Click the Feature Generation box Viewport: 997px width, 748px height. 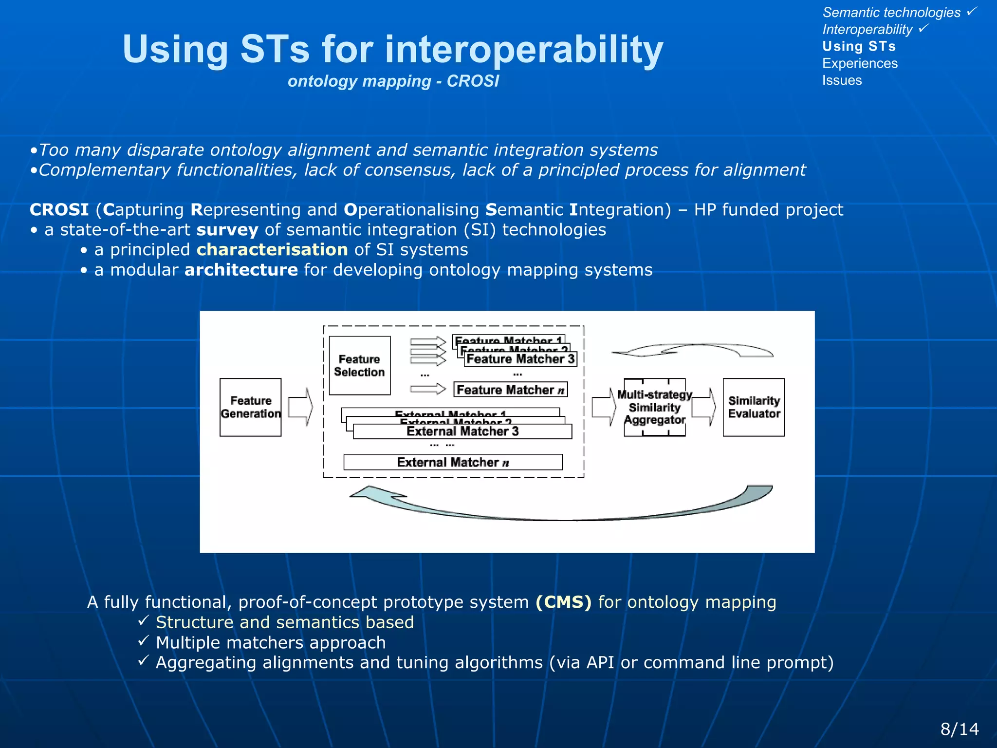(250, 407)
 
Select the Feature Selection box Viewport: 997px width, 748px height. (359, 365)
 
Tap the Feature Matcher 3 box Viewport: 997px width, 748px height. (520, 359)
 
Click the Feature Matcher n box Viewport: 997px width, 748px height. (510, 390)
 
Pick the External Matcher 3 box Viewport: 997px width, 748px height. (462, 431)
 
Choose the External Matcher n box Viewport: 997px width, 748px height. (453, 462)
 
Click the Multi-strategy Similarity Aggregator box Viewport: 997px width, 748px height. (654, 407)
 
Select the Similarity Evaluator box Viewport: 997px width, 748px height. (754, 407)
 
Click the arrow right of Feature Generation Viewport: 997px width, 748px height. (300, 407)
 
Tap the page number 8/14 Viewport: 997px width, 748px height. (959, 729)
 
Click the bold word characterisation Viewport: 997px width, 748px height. (272, 250)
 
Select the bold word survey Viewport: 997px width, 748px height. (227, 230)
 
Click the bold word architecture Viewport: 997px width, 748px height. (241, 270)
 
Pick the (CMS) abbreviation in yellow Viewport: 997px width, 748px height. (563, 602)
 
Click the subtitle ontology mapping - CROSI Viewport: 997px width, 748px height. (393, 81)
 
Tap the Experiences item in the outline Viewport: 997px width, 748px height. (860, 63)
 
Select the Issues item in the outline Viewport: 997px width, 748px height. (842, 80)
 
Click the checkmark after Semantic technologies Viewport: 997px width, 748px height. (972, 11)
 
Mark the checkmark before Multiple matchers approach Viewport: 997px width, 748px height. (143, 641)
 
